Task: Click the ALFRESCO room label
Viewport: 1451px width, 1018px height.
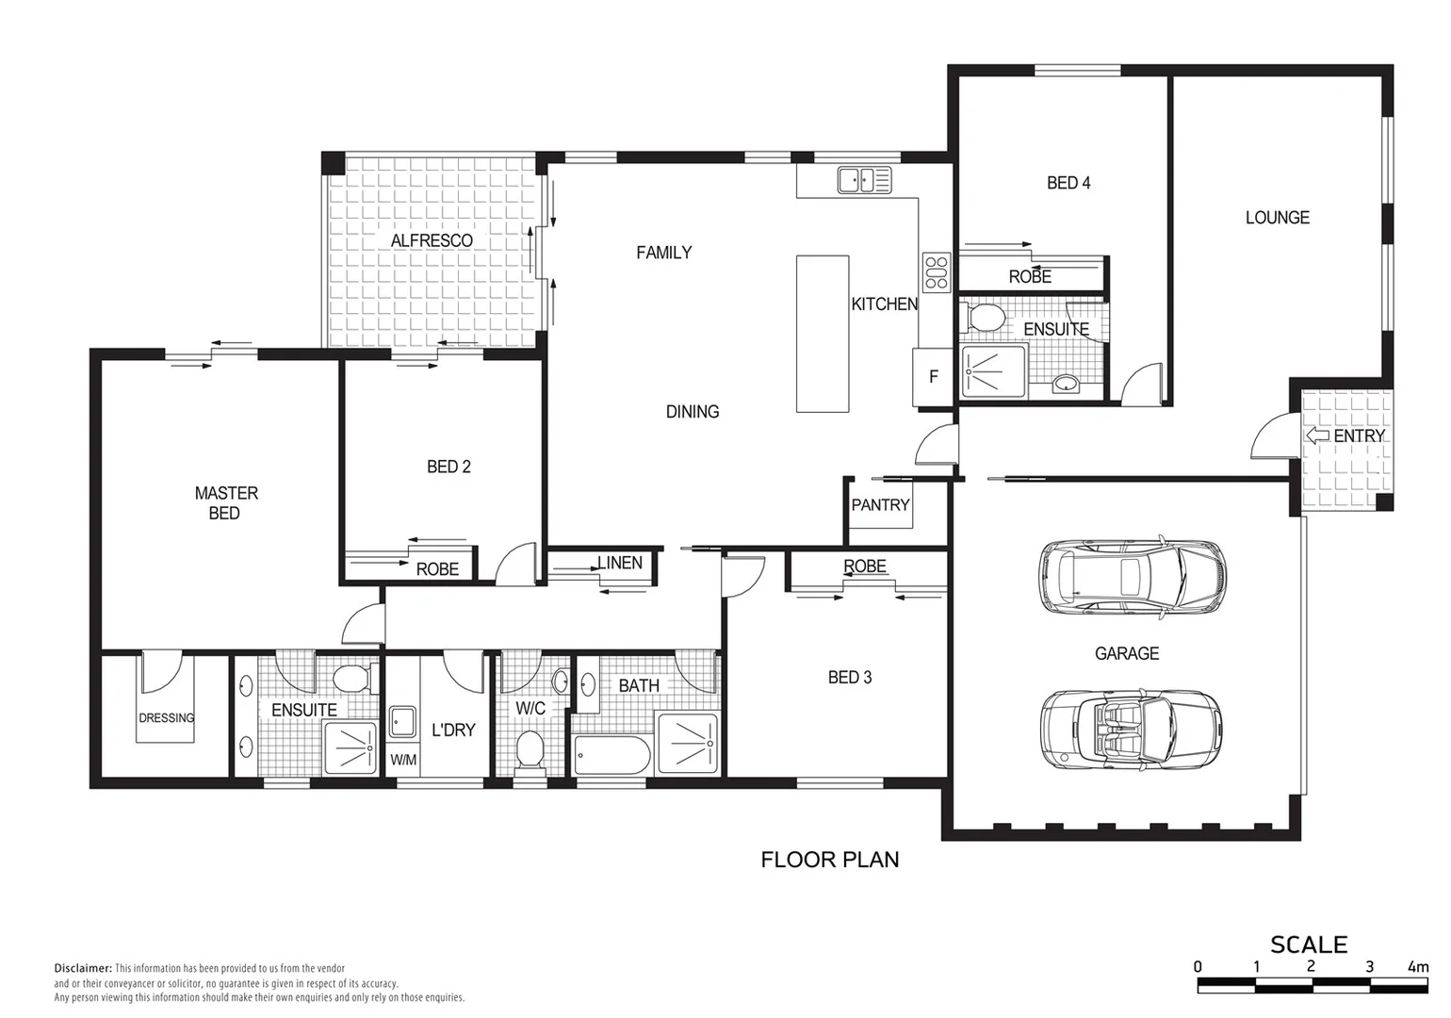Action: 432,240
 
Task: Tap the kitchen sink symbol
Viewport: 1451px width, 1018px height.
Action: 864,179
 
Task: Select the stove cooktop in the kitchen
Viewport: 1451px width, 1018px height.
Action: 937,272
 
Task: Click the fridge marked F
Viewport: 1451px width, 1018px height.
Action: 933,377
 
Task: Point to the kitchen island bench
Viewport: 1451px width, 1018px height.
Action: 823,334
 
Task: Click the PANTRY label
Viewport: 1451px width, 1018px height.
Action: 880,505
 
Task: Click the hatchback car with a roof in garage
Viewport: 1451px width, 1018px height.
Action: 1132,577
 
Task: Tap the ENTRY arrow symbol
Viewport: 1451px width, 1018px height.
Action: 1316,435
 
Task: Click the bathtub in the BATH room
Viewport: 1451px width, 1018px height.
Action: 611,756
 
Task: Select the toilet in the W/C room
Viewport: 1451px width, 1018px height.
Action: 530,751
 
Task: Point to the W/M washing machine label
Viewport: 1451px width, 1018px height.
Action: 403,760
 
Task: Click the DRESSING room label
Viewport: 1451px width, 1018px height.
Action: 167,718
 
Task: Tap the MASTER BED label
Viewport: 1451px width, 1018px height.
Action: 225,503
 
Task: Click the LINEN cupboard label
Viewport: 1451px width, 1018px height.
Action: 620,563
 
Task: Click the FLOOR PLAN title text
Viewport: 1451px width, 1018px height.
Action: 829,860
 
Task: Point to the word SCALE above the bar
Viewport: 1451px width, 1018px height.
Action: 1308,944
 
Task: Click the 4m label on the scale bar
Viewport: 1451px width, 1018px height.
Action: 1417,967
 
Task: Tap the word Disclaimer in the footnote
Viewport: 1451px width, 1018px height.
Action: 83,968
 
